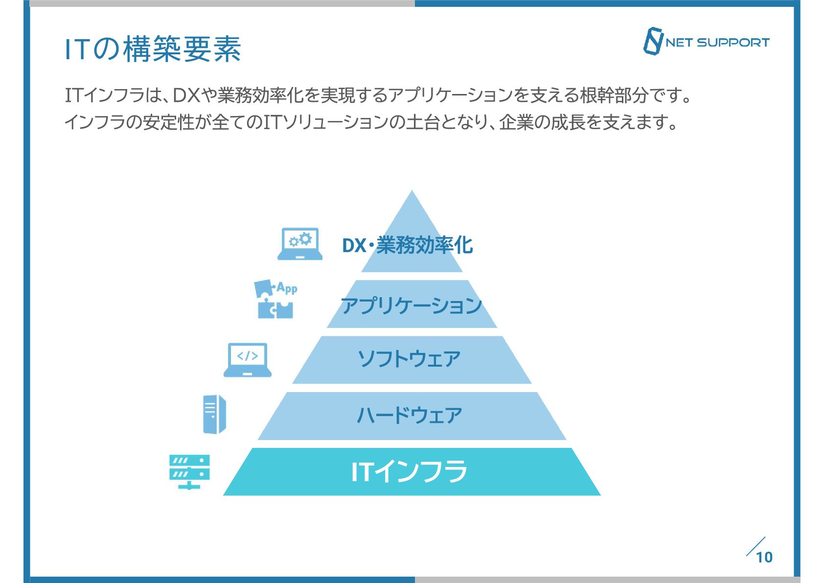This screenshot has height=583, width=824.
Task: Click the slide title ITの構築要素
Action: [x=153, y=49]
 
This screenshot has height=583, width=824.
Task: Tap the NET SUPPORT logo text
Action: [x=717, y=43]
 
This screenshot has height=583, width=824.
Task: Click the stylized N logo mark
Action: [x=653, y=41]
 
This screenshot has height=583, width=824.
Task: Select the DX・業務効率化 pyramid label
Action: [x=408, y=245]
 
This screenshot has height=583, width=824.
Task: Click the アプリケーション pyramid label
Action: [x=412, y=306]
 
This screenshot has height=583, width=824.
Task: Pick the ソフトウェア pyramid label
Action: [x=410, y=359]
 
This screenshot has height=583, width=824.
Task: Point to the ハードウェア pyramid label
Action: [x=410, y=415]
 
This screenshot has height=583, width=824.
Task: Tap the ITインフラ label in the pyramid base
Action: [x=410, y=471]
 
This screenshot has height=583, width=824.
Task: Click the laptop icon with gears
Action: [x=300, y=244]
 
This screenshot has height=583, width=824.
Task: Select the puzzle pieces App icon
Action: [x=275, y=300]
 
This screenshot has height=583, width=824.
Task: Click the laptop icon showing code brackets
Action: [x=248, y=360]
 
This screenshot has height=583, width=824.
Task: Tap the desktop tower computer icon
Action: [x=214, y=414]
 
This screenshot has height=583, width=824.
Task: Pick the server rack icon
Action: [x=189, y=471]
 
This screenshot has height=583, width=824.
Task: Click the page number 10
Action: [x=764, y=557]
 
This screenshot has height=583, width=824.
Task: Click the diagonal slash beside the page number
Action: [x=755, y=546]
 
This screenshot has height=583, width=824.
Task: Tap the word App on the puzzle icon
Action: [x=287, y=288]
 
